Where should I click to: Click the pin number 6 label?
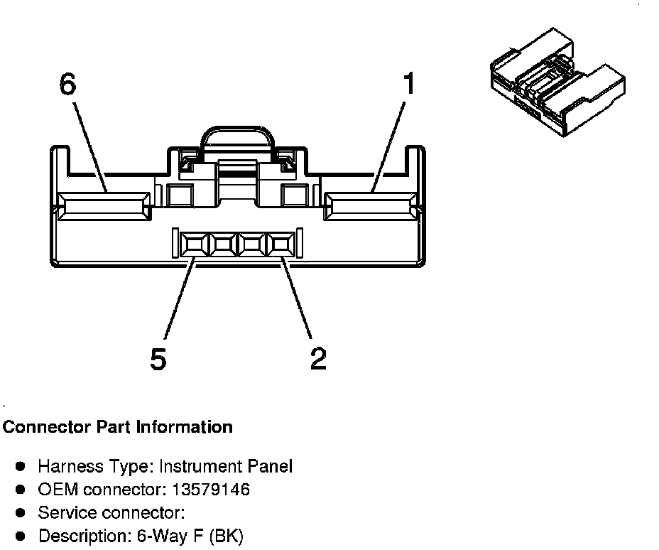coord(67,84)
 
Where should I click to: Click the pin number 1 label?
coord(407,85)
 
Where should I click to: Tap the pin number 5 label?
coord(158,359)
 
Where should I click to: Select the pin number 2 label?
coord(318,359)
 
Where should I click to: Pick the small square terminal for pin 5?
coord(193,246)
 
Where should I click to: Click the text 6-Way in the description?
coord(164,536)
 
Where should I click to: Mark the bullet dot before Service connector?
coord(21,512)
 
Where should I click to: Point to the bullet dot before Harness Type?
coord(21,467)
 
